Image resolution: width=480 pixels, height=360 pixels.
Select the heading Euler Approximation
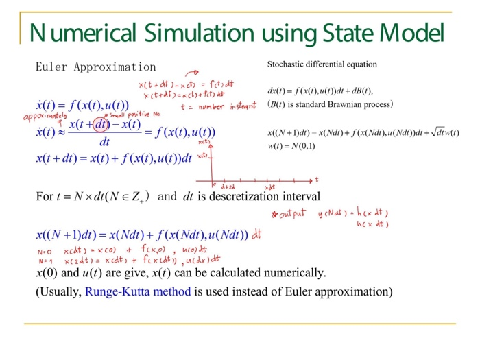coord(95,67)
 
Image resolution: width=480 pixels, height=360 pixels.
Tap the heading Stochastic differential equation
coord(322,64)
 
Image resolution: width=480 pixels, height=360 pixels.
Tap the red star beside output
coord(275,215)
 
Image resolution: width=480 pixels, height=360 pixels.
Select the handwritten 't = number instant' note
coord(218,107)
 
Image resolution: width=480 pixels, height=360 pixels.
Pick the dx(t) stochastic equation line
coord(320,91)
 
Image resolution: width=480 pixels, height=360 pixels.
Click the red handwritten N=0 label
coord(43,252)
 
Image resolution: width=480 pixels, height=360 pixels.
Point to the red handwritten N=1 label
coord(43,261)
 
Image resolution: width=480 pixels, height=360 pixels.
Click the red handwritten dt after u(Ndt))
coord(256,235)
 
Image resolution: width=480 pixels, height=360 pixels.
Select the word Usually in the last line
coord(60,291)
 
